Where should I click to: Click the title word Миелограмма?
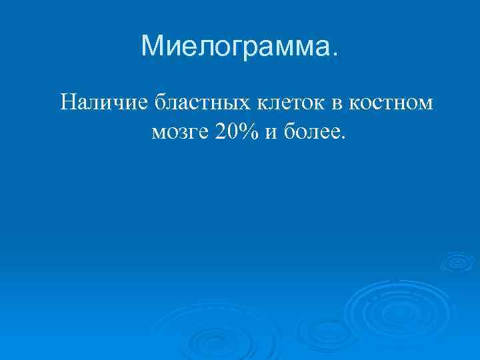237,47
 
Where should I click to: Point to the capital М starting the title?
153,45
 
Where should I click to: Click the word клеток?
291,104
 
